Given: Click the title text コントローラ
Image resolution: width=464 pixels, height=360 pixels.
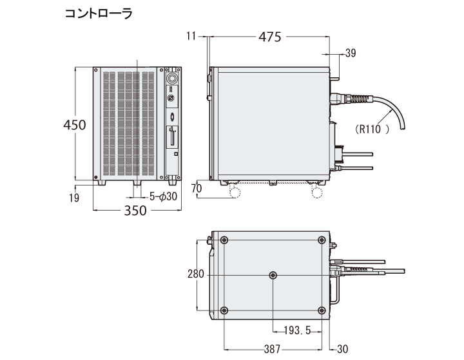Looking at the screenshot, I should click(97, 14).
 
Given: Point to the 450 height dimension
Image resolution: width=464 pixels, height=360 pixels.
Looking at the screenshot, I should click(75, 125).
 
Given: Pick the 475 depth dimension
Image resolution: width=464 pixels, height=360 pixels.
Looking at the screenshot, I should click(269, 37).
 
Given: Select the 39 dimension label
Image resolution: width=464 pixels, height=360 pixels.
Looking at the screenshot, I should click(351, 54).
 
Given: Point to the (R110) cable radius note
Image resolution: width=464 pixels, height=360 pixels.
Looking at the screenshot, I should click(372, 129).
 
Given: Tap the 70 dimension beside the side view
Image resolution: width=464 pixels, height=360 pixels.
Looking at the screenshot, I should click(197, 189).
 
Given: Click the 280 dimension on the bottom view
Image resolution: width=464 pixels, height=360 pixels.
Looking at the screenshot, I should click(196, 274).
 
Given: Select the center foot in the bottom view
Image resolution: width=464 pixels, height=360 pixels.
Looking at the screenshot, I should click(273, 275).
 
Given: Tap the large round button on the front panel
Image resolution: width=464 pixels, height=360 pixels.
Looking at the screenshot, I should click(172, 76).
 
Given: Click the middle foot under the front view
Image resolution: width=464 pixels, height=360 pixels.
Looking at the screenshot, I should click(137, 184).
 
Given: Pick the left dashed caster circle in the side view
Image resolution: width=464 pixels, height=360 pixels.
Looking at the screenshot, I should click(235, 191).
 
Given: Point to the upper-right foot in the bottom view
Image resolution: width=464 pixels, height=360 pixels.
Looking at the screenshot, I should click(322, 240).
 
